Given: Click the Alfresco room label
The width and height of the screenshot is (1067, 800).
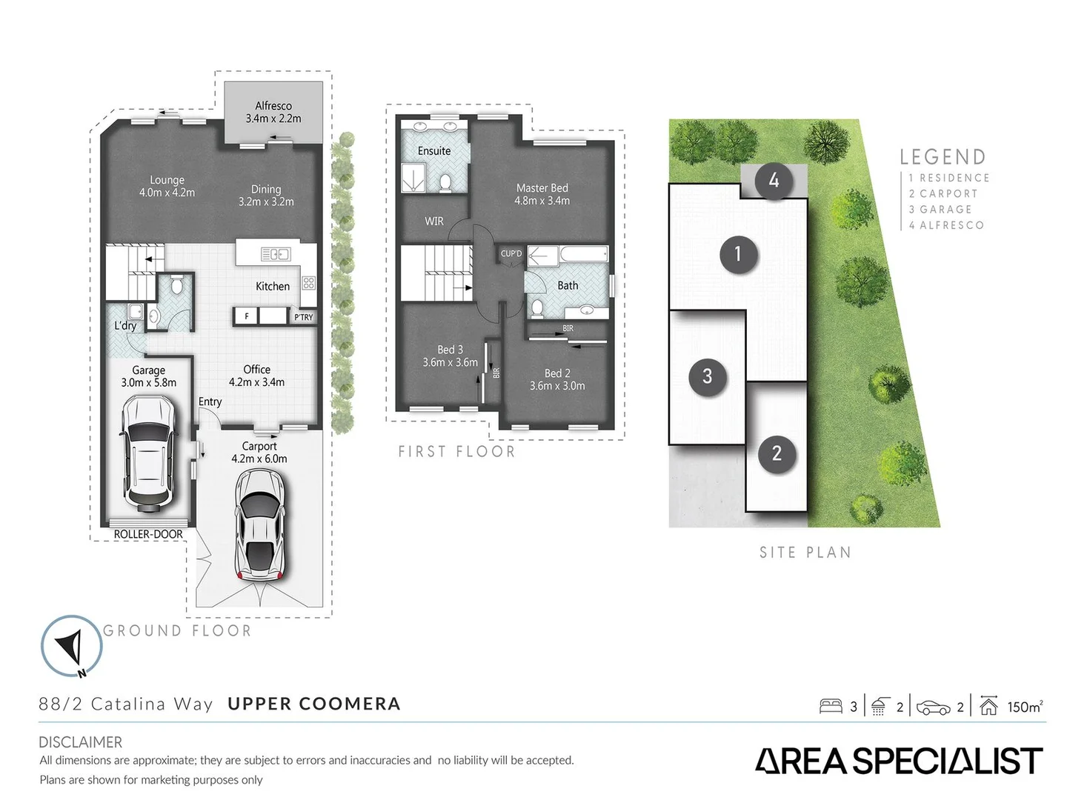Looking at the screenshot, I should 273,112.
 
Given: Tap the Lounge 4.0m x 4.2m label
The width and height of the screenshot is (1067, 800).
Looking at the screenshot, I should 167,186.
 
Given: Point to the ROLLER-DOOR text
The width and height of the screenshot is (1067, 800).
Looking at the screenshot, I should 148,534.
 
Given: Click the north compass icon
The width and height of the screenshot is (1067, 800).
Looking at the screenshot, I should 71,646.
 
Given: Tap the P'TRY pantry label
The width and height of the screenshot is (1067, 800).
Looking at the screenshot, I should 303,317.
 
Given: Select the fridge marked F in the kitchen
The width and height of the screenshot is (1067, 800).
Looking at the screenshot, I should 246,316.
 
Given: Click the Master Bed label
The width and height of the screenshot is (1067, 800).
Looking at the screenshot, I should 542,194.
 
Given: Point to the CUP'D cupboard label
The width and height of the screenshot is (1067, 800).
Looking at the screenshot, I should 511,254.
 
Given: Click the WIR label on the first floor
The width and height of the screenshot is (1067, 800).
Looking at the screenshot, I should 434,221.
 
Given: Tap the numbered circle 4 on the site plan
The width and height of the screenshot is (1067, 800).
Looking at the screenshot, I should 774,180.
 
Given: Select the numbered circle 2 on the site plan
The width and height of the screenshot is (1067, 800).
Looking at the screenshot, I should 777,453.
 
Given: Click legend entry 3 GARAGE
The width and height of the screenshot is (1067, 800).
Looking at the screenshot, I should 940,210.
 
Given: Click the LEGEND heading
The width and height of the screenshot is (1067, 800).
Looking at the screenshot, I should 943,157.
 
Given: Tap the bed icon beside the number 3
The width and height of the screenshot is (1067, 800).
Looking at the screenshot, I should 831,707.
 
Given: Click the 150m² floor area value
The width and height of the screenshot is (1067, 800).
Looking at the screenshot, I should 1025,707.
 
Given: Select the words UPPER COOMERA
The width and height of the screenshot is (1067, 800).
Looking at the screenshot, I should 313,704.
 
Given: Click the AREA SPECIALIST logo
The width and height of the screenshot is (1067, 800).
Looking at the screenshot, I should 899,761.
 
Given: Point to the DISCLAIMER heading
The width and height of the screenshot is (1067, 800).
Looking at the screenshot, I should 80,741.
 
